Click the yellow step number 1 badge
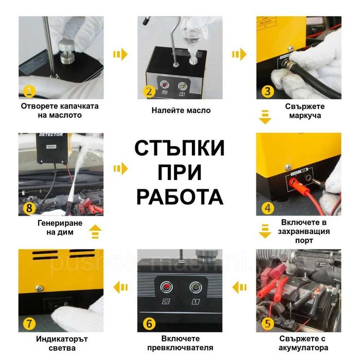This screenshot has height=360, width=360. pos(29,91)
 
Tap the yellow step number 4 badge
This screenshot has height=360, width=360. pos(268,208)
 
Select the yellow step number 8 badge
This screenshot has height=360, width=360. pos(29,208)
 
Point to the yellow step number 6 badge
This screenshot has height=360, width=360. pos(149,323)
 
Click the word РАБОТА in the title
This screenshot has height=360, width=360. pos(180,197)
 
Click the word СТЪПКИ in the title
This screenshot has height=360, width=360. pos(179,148)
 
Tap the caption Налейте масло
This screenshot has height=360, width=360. pos(181,111)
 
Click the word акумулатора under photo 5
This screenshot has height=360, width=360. pos(303,348)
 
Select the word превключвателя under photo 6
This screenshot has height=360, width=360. pos(180,348)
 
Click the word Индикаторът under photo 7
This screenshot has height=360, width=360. pos(62,339)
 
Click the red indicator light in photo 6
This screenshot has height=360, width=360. pos(167,287)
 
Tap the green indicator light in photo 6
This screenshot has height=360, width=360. pos(195,287)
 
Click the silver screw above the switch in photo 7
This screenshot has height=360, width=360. pos(39,288)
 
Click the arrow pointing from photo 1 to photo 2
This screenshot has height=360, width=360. pos(120,55)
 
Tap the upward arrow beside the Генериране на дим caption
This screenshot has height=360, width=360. pos(95,231)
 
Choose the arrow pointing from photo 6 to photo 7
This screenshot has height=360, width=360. pos(120,287)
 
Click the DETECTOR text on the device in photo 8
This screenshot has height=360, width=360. pos(51,135)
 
